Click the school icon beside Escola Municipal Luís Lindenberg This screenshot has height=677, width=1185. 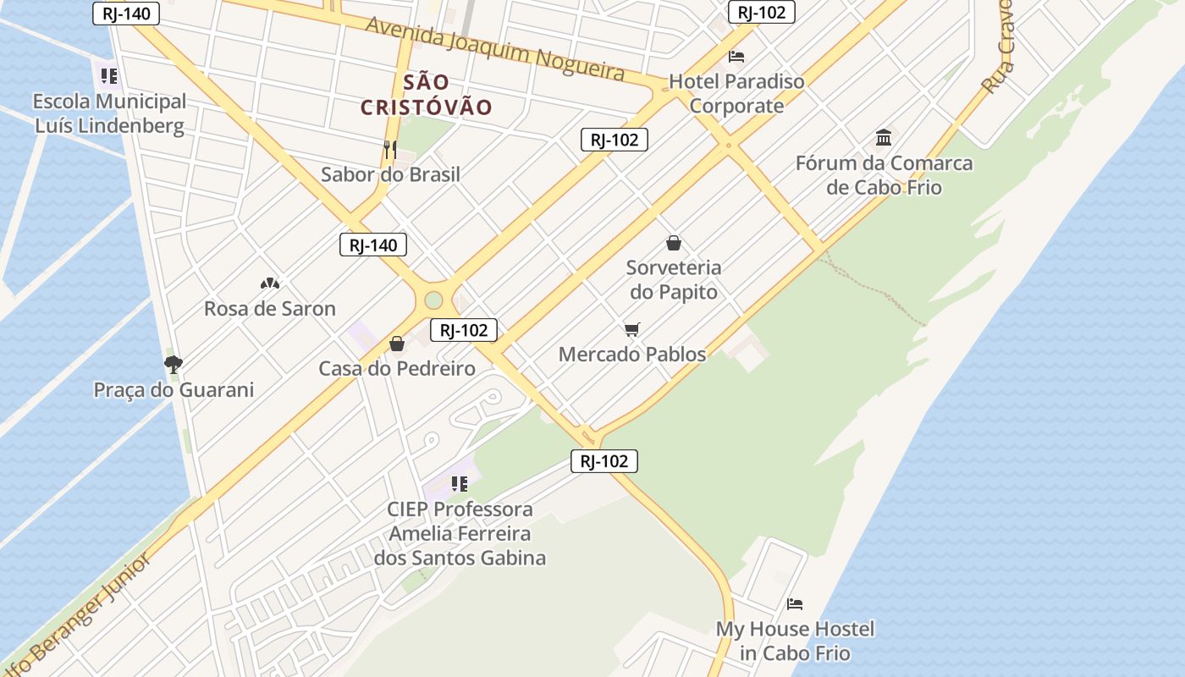tap(108, 76)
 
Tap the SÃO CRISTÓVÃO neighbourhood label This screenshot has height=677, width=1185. tap(427, 95)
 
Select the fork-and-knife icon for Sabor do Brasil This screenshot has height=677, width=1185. tap(390, 150)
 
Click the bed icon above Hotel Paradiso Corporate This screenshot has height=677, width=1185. tap(736, 57)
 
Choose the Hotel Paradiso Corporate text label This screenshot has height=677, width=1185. tap(736, 94)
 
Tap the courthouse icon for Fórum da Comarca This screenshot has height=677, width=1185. tap(884, 137)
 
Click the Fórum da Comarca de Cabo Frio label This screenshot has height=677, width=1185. tap(884, 175)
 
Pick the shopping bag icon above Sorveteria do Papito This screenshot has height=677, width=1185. tap(674, 243)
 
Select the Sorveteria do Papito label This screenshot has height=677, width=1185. tap(674, 280)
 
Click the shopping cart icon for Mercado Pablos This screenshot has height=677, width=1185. tap(632, 329)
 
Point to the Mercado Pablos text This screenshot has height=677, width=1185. tap(632, 355)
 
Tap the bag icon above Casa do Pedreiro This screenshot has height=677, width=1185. tap(396, 344)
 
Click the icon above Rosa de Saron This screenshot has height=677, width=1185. tap(270, 283)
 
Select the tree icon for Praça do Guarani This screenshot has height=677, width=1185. tap(174, 365)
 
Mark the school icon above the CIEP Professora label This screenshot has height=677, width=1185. tap(460, 484)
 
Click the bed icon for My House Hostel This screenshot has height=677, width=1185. tap(795, 604)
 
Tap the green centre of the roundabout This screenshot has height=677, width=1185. tap(433, 300)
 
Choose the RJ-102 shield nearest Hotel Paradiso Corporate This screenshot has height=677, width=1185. tap(762, 12)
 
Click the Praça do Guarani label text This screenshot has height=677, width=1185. tap(174, 390)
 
